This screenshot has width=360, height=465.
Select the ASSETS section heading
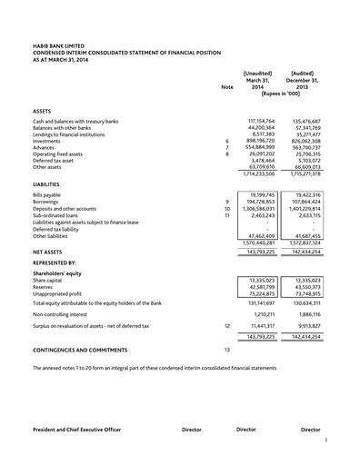tap(42, 110)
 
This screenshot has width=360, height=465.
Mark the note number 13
tap(227, 349)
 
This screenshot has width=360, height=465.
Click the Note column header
tap(227, 86)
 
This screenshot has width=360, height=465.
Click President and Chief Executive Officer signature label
tap(82, 428)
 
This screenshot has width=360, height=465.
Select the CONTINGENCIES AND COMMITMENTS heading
tap(80, 349)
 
